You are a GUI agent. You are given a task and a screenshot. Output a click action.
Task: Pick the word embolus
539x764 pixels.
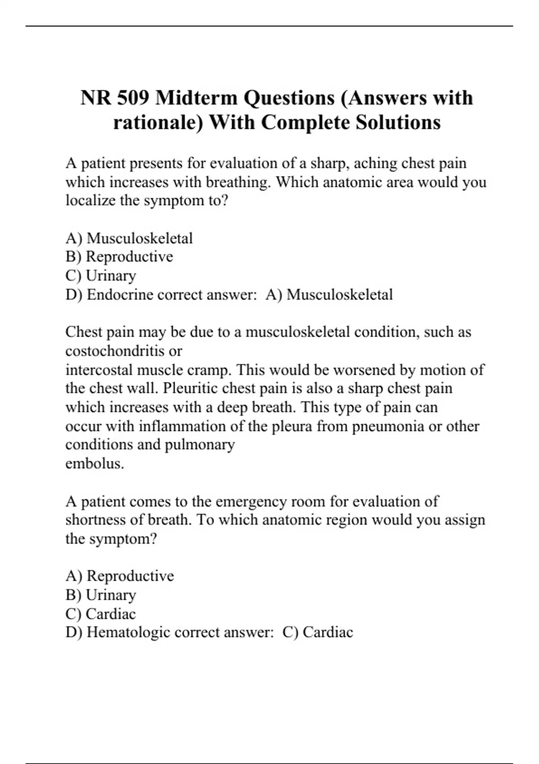tap(94, 463)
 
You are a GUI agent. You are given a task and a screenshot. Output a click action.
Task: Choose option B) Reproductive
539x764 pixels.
tap(119, 257)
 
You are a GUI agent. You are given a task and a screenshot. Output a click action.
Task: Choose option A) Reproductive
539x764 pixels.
tap(119, 576)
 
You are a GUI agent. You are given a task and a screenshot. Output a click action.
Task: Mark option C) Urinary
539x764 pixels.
tap(101, 275)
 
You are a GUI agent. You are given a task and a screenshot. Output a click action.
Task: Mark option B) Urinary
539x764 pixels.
tap(101, 595)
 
